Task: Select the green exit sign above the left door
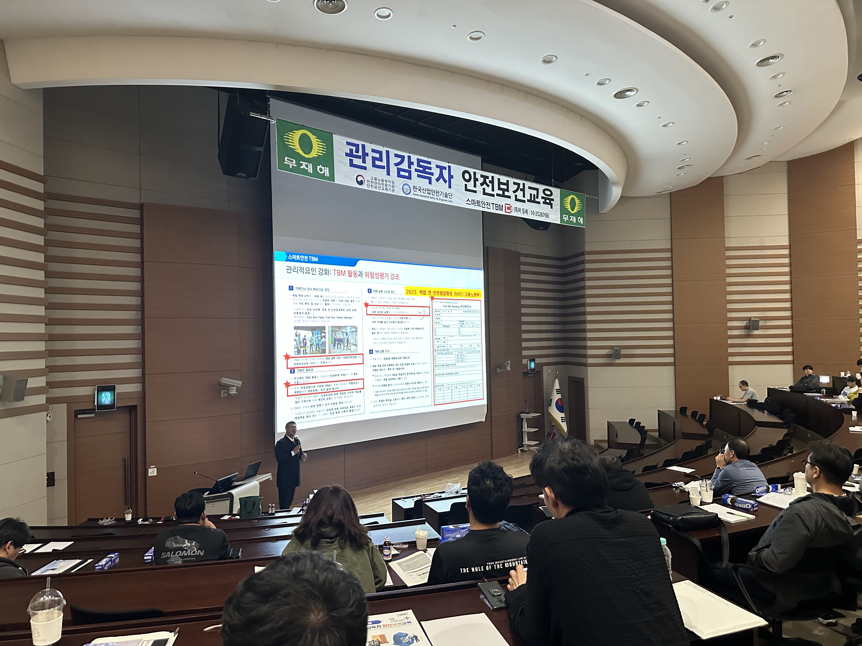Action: click(106, 398)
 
